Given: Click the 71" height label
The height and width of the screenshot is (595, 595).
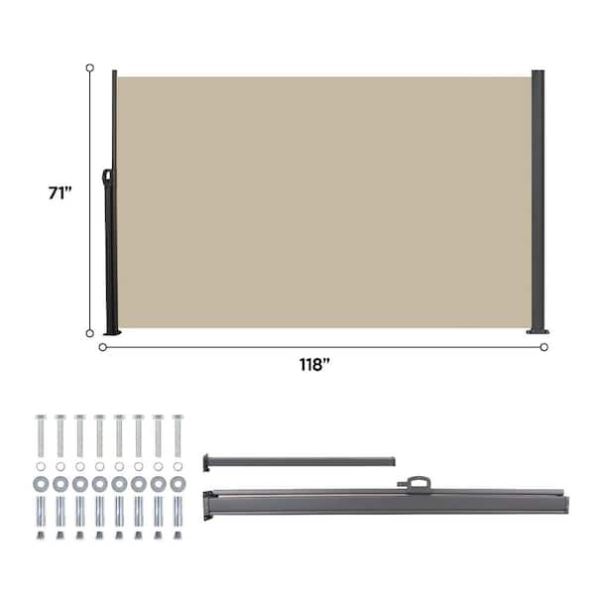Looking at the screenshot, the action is [x=59, y=192].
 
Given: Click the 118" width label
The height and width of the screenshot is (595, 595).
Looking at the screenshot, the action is [x=314, y=365].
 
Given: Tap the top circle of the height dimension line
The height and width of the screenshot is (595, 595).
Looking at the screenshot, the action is [x=90, y=67].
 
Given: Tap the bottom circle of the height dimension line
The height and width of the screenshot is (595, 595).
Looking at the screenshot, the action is [x=90, y=333].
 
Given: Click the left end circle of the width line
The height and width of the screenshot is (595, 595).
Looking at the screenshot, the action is [x=102, y=347].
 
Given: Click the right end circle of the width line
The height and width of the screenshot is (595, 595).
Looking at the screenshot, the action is [x=544, y=347].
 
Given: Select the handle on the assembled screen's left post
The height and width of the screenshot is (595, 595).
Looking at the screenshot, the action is [x=107, y=177].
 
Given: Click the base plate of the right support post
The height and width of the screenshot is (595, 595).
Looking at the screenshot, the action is [x=537, y=331].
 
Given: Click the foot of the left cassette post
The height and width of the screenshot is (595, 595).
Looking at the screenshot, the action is [x=112, y=332].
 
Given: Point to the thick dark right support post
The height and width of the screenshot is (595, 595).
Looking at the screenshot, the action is [x=537, y=200].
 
